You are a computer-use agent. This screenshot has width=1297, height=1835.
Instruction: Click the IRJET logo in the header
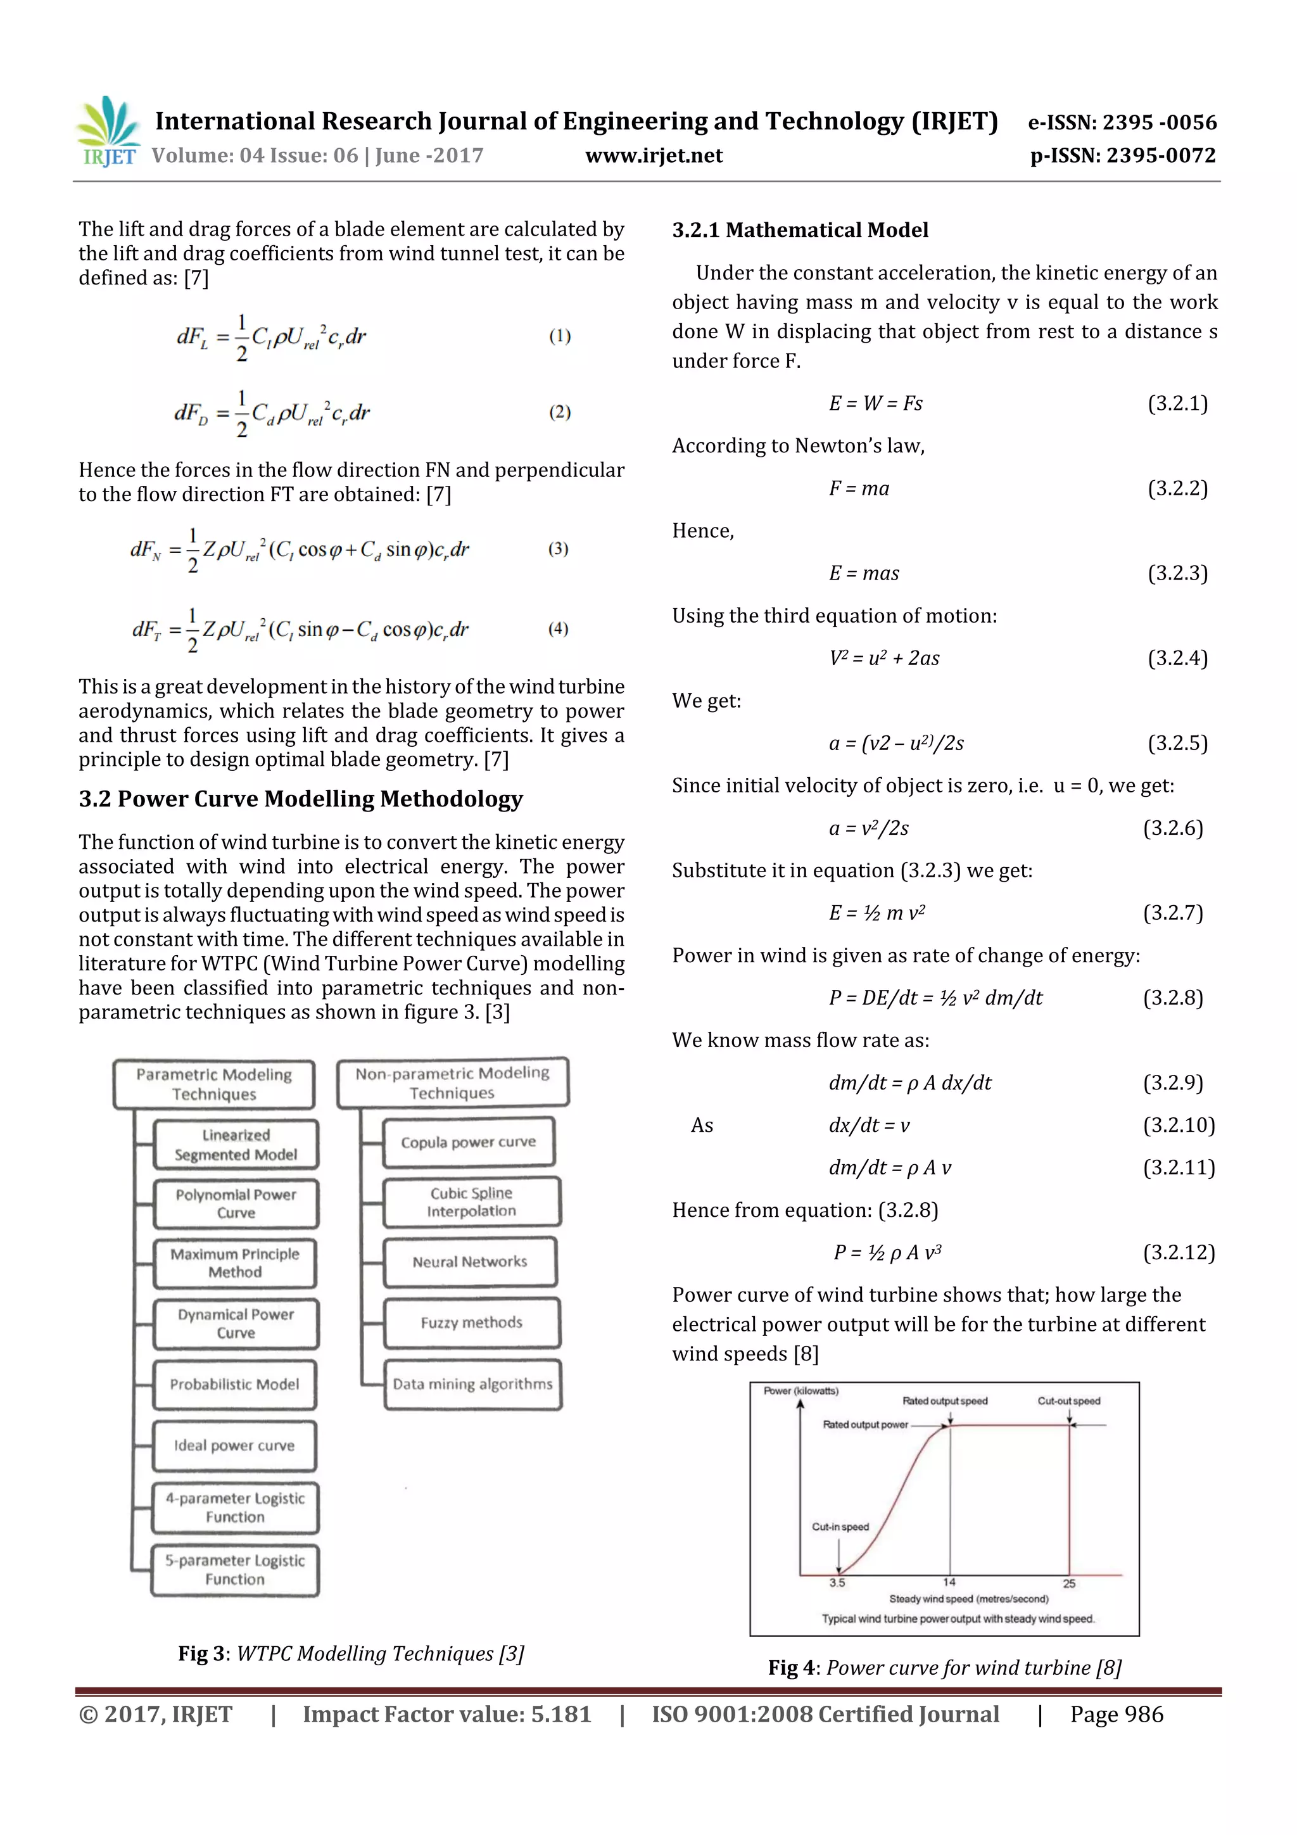tap(107, 131)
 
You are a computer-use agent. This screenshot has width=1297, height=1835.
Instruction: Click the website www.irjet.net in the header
tap(653, 156)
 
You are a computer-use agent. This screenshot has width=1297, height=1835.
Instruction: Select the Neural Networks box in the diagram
tap(470, 1262)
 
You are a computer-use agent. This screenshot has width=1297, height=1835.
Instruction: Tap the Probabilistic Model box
tap(235, 1384)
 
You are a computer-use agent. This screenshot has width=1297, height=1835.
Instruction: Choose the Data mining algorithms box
tap(472, 1384)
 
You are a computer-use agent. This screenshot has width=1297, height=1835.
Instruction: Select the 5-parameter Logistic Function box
tap(235, 1570)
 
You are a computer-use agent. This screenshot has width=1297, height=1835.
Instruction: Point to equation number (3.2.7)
tap(1172, 913)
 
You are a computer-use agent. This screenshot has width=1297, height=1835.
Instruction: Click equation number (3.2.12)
tap(1178, 1252)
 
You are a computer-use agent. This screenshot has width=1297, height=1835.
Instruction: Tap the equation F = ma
tap(858, 488)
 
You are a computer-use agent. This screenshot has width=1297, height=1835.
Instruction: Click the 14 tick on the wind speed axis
tap(949, 1582)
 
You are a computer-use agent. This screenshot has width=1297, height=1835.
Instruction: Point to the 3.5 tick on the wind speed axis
tap(837, 1582)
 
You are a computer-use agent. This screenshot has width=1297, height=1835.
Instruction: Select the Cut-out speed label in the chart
tap(1068, 1401)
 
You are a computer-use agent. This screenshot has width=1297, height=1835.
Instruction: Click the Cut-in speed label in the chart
tap(840, 1527)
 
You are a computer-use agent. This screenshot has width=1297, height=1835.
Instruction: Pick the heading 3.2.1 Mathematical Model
tap(800, 230)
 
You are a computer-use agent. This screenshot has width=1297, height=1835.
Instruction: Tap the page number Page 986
tap(1117, 1714)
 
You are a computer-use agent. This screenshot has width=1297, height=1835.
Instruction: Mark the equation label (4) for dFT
tap(558, 629)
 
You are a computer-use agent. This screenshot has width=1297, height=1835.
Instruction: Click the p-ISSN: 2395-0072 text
tap(1122, 156)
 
